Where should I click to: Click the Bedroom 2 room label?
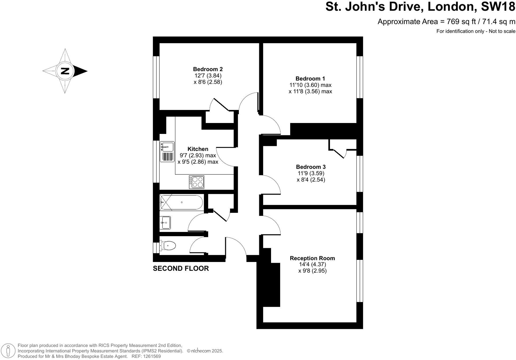click(x=208, y=69)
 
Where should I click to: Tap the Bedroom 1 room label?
click(x=310, y=79)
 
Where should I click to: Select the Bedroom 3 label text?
click(x=311, y=167)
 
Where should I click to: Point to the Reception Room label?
click(x=312, y=258)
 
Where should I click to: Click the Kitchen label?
click(x=198, y=149)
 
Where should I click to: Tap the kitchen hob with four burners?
click(x=196, y=182)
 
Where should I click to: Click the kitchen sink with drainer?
click(x=167, y=152)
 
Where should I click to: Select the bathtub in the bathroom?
click(x=182, y=203)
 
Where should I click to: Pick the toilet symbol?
click(x=168, y=246)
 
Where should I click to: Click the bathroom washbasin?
click(x=165, y=223)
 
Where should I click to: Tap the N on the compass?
click(x=65, y=71)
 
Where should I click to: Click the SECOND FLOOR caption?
click(x=181, y=268)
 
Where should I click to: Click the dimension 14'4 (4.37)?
click(x=312, y=264)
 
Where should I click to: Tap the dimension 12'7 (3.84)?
click(x=208, y=76)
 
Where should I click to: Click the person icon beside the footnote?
click(x=9, y=351)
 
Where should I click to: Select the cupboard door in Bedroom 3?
click(x=339, y=153)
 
